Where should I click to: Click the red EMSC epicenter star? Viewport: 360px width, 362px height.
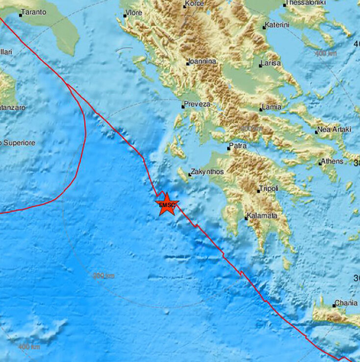point(167,205)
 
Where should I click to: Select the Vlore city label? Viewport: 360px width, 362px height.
point(134,13)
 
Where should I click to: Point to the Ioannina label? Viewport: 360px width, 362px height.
point(202,62)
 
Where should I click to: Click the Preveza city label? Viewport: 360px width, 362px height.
point(197,104)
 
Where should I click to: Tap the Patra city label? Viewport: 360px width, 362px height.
point(238,146)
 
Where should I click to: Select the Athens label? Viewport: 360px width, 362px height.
point(333,161)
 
